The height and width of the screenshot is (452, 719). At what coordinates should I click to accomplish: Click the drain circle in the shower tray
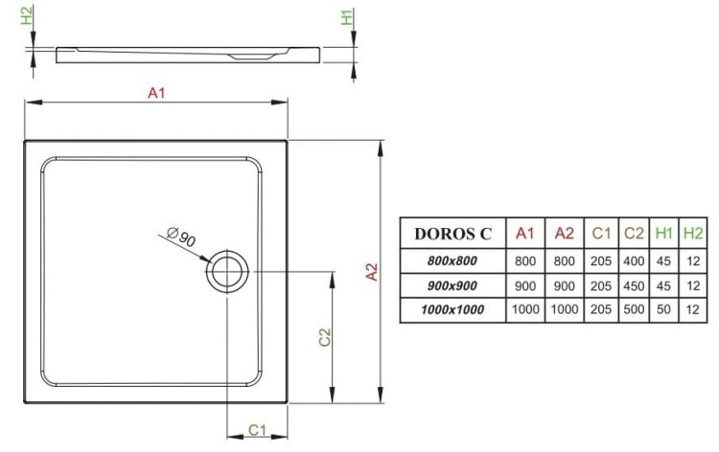[x=227, y=272]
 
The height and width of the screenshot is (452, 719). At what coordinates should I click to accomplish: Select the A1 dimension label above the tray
[x=156, y=93]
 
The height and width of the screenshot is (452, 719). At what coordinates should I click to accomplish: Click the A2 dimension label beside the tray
[x=374, y=271]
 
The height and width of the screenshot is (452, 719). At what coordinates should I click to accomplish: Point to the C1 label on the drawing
[x=257, y=430]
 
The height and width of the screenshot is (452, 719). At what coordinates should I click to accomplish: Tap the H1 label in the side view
[x=346, y=17]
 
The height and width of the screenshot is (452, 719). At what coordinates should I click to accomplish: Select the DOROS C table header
[x=452, y=233]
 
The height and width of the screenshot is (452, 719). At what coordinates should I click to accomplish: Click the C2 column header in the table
[x=633, y=233]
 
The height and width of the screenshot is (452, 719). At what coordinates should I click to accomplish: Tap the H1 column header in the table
[x=663, y=233]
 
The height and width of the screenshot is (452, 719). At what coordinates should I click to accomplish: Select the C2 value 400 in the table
[x=633, y=260]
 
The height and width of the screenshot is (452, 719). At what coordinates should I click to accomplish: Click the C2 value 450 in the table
[x=633, y=284]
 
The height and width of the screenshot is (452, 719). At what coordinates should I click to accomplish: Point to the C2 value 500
[x=633, y=309]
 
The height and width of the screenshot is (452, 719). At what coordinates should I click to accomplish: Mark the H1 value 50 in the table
[x=663, y=309]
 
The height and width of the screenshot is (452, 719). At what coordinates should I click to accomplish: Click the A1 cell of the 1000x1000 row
[x=524, y=309]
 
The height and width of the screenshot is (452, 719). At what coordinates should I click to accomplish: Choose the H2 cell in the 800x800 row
[x=692, y=260]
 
